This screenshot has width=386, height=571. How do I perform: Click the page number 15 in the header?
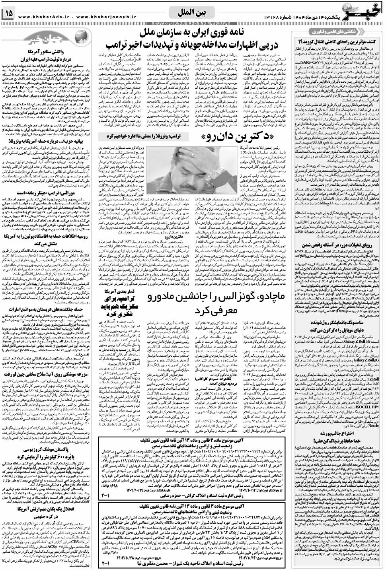(x=9, y=14)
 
